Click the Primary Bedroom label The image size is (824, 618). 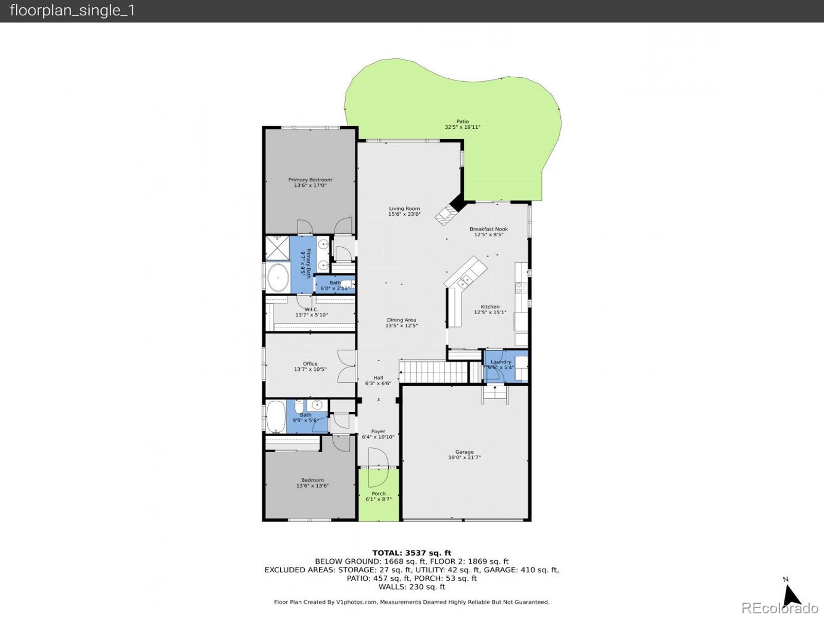pyautogui.click(x=310, y=180)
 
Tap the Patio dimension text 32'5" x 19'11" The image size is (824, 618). pyautogui.click(x=462, y=127)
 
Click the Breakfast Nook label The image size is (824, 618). pyautogui.click(x=488, y=229)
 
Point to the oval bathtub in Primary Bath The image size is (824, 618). pyautogui.click(x=278, y=279)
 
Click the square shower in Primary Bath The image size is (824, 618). pyautogui.click(x=277, y=248)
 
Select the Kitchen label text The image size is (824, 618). pyautogui.click(x=490, y=306)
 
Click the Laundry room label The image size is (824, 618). pyautogui.click(x=501, y=362)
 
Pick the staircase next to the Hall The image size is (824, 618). pyautogui.click(x=433, y=372)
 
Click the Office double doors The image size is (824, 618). pyautogui.click(x=347, y=366)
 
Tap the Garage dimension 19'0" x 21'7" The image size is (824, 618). pyautogui.click(x=464, y=457)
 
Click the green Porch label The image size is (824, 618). pyautogui.click(x=379, y=493)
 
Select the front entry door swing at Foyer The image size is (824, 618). pyautogui.click(x=377, y=467)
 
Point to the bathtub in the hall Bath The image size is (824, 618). pyautogui.click(x=276, y=417)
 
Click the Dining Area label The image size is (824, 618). pyautogui.click(x=401, y=320)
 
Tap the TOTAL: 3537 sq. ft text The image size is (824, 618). pyautogui.click(x=411, y=553)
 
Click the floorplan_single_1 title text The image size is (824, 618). pyautogui.click(x=72, y=11)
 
